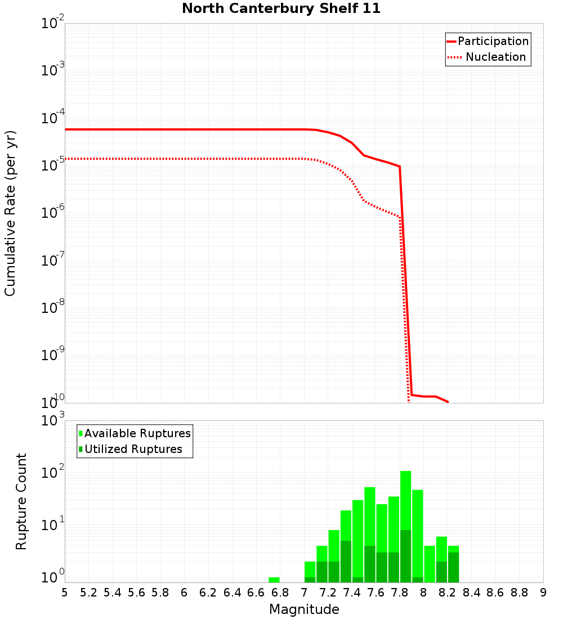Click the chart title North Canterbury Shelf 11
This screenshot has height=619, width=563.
click(x=281, y=9)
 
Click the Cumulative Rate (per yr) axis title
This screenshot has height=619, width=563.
click(x=10, y=213)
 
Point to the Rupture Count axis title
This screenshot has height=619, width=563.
click(x=21, y=501)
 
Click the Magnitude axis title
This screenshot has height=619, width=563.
click(x=304, y=609)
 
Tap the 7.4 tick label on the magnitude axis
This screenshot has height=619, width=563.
click(x=352, y=593)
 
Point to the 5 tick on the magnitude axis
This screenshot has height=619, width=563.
click(x=65, y=593)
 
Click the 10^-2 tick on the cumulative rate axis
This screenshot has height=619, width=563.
click(x=53, y=25)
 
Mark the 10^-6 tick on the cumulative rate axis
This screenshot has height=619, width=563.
click(x=53, y=214)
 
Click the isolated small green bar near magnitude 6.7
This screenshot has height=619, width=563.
click(x=274, y=580)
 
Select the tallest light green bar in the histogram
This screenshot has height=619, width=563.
click(x=406, y=501)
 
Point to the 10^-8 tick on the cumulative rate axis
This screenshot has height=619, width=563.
click(x=53, y=308)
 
